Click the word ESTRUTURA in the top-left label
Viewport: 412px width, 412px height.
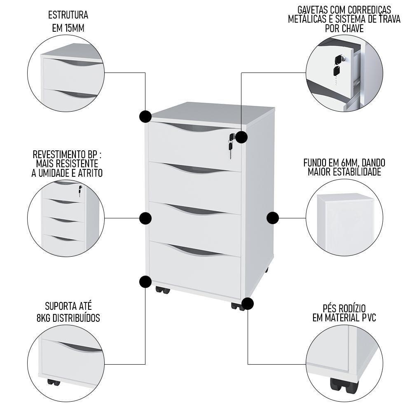point(68,16)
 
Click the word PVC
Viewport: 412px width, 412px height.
point(367,318)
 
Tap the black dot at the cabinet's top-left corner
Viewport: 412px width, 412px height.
point(145,117)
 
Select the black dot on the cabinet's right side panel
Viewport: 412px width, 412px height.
point(273,218)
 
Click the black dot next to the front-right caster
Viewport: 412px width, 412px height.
point(247,304)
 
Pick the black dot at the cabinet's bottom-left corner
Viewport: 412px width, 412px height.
point(145,282)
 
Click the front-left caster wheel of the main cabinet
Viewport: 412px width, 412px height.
point(162,290)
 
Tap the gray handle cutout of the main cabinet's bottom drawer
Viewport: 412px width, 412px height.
point(194,250)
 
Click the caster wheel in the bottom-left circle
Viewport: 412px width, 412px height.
point(54,382)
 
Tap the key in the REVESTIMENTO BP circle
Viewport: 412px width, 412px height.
point(80,190)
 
